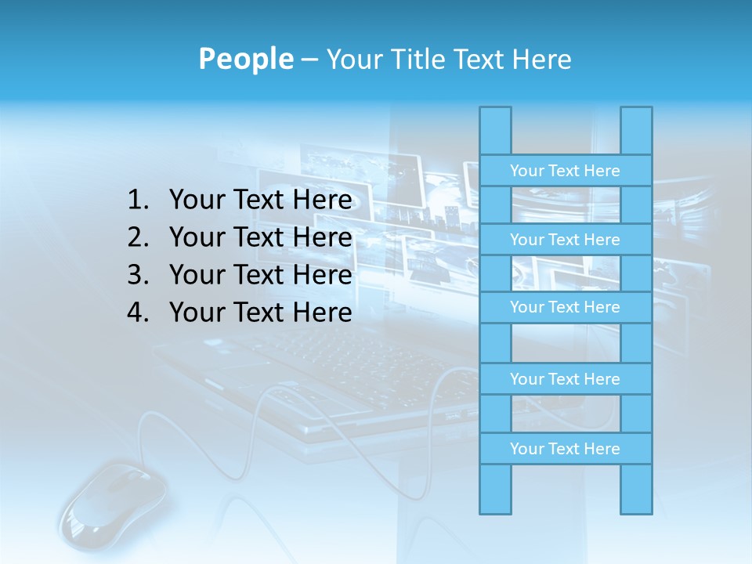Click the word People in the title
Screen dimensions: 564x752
click(x=246, y=59)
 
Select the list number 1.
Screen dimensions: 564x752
click(x=138, y=201)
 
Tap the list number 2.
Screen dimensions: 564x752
click(x=138, y=237)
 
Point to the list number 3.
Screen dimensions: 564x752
click(x=138, y=275)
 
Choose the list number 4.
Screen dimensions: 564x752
click(x=138, y=313)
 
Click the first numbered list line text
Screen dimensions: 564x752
click(x=260, y=201)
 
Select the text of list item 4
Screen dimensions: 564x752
click(x=260, y=313)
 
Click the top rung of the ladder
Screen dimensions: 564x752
click(x=565, y=171)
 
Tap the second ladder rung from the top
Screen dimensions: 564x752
click(x=565, y=240)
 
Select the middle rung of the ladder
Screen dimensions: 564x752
click(x=565, y=307)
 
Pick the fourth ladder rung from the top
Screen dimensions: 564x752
click(x=565, y=379)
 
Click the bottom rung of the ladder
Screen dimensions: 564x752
click(x=565, y=449)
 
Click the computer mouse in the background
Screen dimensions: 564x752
click(x=114, y=501)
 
